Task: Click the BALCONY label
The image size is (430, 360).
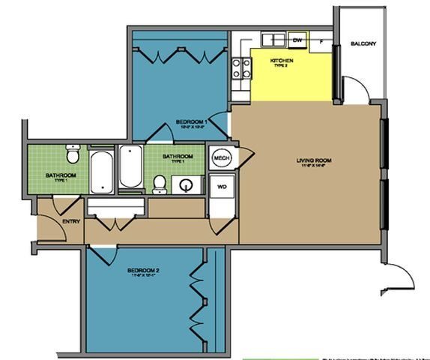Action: [x=363, y=44]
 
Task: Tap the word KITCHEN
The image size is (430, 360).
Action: [x=282, y=60]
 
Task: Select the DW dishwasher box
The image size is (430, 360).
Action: [x=297, y=40]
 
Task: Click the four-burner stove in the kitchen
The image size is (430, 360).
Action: [x=240, y=69]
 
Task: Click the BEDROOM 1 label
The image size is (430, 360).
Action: [x=192, y=121]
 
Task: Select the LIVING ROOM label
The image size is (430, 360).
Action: [x=313, y=160]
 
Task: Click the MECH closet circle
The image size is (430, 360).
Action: [x=221, y=158]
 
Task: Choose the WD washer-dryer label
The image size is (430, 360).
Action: [x=222, y=185]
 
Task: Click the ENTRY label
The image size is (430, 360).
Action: [x=51, y=221]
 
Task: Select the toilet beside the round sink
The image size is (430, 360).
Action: [x=160, y=184]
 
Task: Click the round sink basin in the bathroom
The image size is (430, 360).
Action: [x=187, y=184]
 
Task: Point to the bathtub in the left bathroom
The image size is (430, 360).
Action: [x=100, y=172]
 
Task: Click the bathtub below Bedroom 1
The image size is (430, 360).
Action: [x=130, y=166]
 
